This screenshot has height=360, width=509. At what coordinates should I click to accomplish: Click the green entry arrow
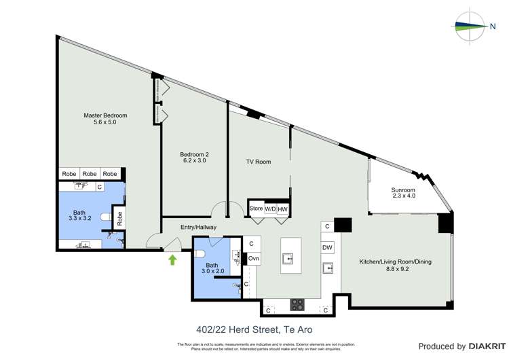tap(172, 259)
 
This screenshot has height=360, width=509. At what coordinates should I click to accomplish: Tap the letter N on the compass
tap(492, 26)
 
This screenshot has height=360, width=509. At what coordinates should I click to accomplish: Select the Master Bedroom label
tap(105, 119)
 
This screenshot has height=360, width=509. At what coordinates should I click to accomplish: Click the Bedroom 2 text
tap(194, 158)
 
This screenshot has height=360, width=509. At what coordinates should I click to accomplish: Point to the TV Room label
tap(258, 162)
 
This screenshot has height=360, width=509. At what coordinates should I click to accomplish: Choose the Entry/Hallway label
tap(198, 227)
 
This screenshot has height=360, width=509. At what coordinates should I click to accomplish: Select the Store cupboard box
tap(256, 209)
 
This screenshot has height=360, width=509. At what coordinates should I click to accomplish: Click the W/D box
tap(270, 209)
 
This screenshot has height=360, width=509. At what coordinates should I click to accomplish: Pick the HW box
tap(283, 209)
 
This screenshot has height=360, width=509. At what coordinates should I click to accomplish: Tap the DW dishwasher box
tap(327, 248)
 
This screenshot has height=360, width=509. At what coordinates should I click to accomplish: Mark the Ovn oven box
tap(252, 258)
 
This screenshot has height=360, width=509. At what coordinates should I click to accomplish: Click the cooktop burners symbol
tap(297, 304)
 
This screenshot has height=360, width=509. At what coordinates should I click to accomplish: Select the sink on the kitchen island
tap(287, 259)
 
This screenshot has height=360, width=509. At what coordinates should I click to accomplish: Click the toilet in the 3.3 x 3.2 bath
tap(104, 218)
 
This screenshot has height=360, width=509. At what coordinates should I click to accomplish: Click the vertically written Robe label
tap(119, 219)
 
